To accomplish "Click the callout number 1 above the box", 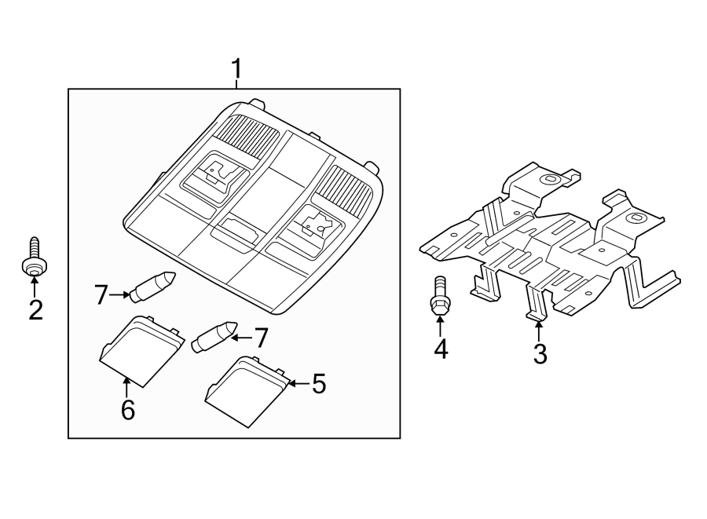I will pyautogui.click(x=235, y=71).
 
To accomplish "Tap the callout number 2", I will pyautogui.click(x=35, y=310).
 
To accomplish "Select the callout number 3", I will pyautogui.click(x=539, y=353).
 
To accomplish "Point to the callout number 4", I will pyautogui.click(x=441, y=348).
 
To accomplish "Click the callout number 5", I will pyautogui.click(x=317, y=384).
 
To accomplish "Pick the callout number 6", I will pyautogui.click(x=127, y=409).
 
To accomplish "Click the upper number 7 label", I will pyautogui.click(x=101, y=295).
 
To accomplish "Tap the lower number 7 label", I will pyautogui.click(x=261, y=338).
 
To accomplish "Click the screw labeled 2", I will pyautogui.click(x=33, y=260).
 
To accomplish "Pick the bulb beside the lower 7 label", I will pyautogui.click(x=214, y=337).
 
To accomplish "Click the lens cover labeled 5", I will pyautogui.click(x=245, y=390).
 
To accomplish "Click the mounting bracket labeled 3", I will pyautogui.click(x=550, y=243).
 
